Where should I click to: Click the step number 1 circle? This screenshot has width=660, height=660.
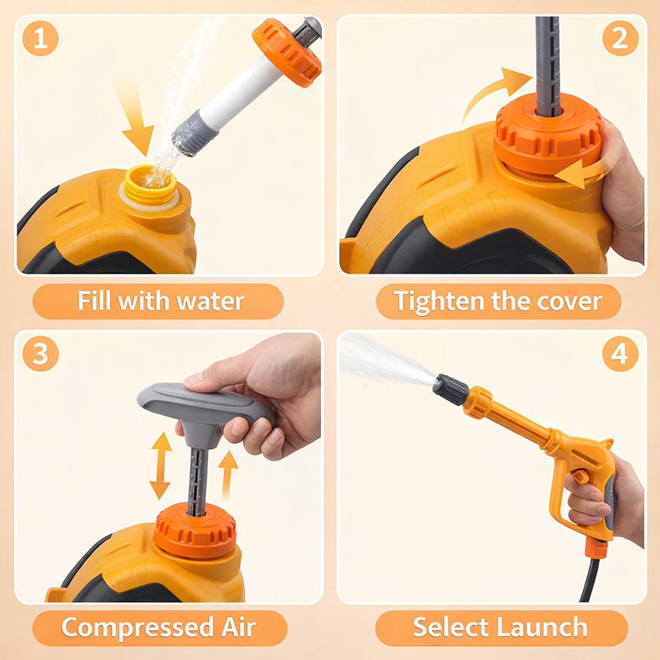pos(40,38)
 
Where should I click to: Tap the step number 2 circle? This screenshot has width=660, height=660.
pos(620,38)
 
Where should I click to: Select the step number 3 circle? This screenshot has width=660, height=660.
pos(40,354)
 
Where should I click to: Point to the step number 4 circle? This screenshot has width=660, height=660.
pos(620,354)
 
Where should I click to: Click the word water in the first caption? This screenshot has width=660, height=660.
pos(210,301)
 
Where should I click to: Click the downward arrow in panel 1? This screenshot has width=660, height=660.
pos(136,122)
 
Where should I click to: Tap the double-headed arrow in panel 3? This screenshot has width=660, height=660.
pos(161,466)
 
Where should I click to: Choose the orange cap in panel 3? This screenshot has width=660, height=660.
pos(194,532)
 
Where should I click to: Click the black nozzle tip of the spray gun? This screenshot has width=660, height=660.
pos(450,389)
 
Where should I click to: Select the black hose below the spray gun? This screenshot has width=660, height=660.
pos(590,581)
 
